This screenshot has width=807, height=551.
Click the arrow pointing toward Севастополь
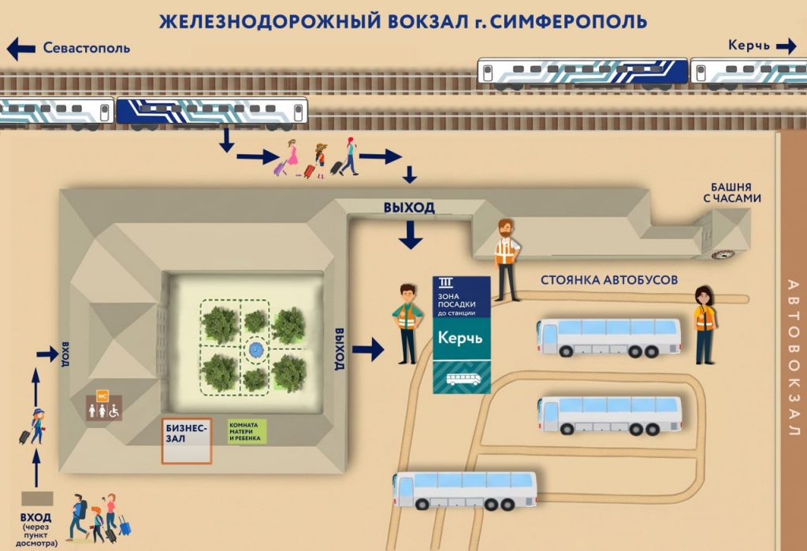(20, 49)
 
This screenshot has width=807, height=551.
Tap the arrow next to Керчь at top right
(787, 46)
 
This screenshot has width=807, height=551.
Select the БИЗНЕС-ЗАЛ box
(187, 441)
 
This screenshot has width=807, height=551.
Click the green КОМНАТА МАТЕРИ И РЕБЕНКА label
(247, 432)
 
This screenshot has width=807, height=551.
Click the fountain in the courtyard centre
(255, 350)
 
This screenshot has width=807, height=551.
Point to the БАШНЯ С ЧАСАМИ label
(732, 193)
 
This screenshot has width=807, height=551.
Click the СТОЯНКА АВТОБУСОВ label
(609, 280)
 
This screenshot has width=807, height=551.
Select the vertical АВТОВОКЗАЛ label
(793, 357)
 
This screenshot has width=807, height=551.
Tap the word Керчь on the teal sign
(460, 338)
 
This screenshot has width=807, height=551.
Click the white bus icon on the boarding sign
(463, 379)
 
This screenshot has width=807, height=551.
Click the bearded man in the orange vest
(508, 260)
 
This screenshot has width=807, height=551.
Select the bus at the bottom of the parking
(465, 490)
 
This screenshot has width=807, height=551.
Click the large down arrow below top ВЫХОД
(410, 235)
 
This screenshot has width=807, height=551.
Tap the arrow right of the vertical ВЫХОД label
(369, 349)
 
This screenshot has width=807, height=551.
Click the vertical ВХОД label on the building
(65, 354)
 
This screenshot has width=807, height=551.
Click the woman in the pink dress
(291, 157)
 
